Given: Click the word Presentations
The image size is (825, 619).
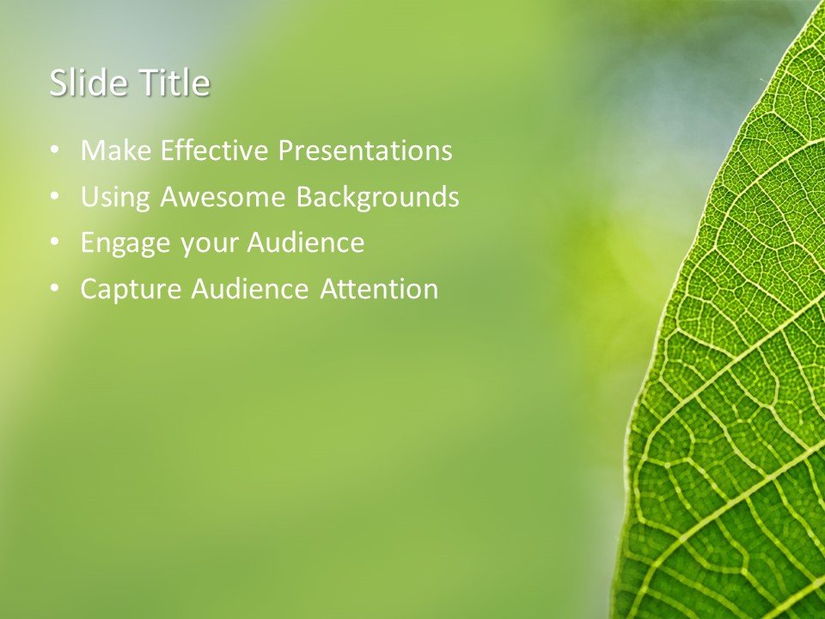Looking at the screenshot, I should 365,151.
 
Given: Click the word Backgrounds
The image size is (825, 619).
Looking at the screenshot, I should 377,198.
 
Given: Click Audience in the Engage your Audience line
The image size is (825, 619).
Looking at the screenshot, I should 306,243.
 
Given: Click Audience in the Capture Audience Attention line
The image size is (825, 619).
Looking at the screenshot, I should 249,290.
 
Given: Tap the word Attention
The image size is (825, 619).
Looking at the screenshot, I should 379,290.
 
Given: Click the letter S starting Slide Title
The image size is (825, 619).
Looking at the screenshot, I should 58,84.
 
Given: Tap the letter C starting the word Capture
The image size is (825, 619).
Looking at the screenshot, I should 89,290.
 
